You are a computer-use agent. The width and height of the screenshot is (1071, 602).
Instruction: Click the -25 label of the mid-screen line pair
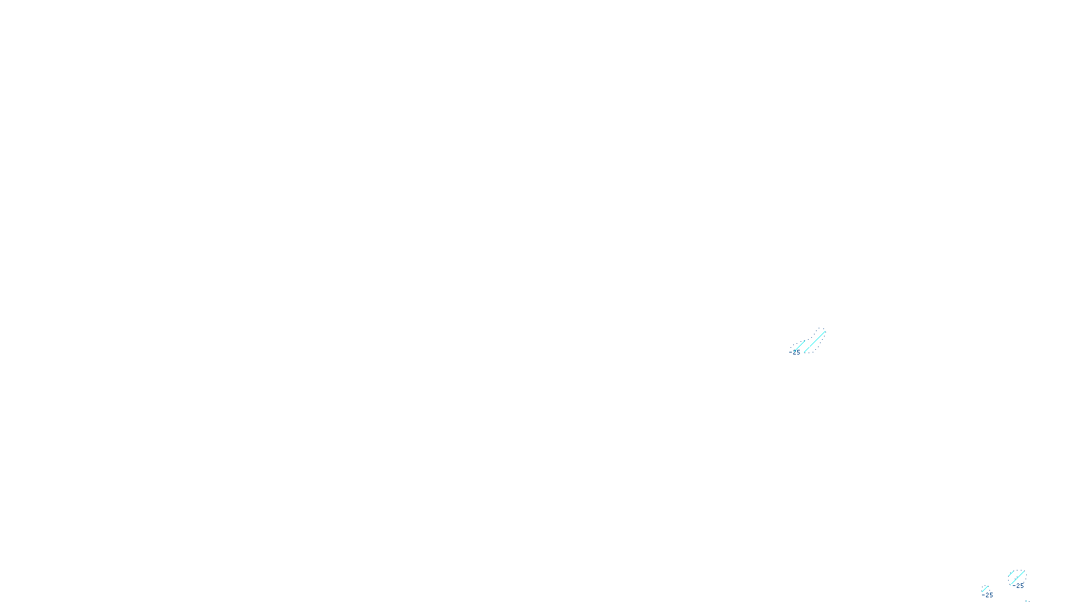tap(795, 352)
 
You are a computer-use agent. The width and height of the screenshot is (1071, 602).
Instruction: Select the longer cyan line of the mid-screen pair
tap(815, 341)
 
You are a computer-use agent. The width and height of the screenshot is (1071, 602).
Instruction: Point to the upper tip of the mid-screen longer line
tap(825, 331)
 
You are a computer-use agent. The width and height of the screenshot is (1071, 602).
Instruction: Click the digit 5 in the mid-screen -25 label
tap(798, 352)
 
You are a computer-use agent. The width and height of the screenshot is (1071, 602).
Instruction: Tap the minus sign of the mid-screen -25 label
tap(791, 352)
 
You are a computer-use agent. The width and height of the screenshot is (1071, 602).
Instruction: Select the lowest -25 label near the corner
tap(988, 595)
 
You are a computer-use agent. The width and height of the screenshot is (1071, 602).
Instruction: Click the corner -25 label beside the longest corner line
tap(1019, 586)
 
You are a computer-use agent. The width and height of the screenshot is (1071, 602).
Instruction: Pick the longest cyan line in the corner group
tap(1017, 577)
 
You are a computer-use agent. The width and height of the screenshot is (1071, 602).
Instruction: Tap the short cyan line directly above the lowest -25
tap(985, 589)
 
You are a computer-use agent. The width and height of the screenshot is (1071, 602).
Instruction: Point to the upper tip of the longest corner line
tap(1024, 571)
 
